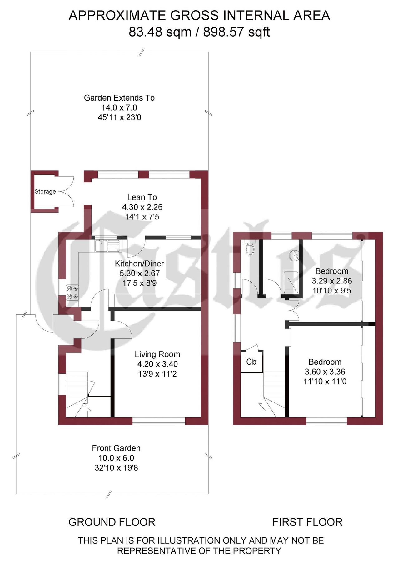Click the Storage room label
pos(45,191)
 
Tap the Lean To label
pos(142,197)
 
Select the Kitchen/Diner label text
pos(139,264)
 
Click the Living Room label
pos(157,354)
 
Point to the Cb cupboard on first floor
pos(251,362)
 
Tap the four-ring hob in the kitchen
pos(72,293)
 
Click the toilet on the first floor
pos(250,249)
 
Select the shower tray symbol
pos(290,282)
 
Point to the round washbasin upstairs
pos(294,255)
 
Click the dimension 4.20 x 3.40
pos(157,364)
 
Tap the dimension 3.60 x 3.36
pos(325,372)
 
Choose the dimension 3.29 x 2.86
pos(332,281)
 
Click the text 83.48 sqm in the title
pos(160,32)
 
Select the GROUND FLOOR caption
pos(112,522)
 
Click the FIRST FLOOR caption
pos(307,522)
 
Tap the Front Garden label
pos(116,448)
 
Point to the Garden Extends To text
pos(119,98)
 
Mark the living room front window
pos(159,421)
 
